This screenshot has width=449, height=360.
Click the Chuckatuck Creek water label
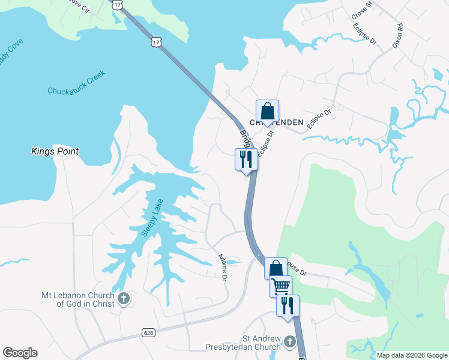pyautogui.click(x=76, y=83)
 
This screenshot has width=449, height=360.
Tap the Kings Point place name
pyautogui.click(x=55, y=152)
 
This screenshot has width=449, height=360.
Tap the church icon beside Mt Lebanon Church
pyautogui.click(x=124, y=299)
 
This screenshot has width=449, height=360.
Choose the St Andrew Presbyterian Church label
pyautogui.click(x=245, y=343)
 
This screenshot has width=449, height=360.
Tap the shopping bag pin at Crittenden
pyautogui.click(x=267, y=111)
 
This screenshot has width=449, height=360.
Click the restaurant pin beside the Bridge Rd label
pyautogui.click(x=246, y=159)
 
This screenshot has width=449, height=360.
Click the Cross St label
pyautogui.click(x=362, y=11)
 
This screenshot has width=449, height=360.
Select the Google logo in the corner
pyautogui.click(x=20, y=353)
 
